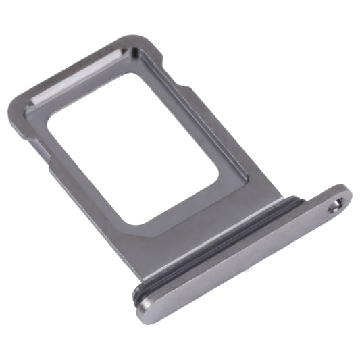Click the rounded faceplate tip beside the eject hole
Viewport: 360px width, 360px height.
[x=346, y=197]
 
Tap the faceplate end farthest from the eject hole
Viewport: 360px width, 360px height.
[x=145, y=311]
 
